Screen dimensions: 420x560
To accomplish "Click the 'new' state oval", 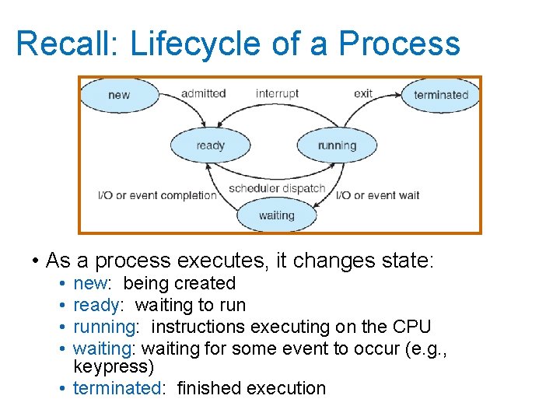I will (120, 96).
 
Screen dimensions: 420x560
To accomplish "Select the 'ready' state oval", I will (211, 145).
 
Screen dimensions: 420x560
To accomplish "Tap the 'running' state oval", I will (337, 145).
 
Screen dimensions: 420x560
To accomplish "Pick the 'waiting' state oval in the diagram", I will (276, 215).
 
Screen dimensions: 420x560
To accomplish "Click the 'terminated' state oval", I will (441, 96).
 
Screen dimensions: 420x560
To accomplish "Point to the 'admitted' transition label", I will (203, 93).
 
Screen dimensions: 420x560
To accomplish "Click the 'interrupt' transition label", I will (277, 93).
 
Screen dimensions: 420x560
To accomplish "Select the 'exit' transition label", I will (363, 93).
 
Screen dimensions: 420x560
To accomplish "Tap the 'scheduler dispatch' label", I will (277, 188).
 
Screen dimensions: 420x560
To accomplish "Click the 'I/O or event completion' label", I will (157, 195).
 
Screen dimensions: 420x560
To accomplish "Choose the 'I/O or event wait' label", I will (378, 195).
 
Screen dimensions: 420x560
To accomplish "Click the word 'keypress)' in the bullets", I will (114, 366).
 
